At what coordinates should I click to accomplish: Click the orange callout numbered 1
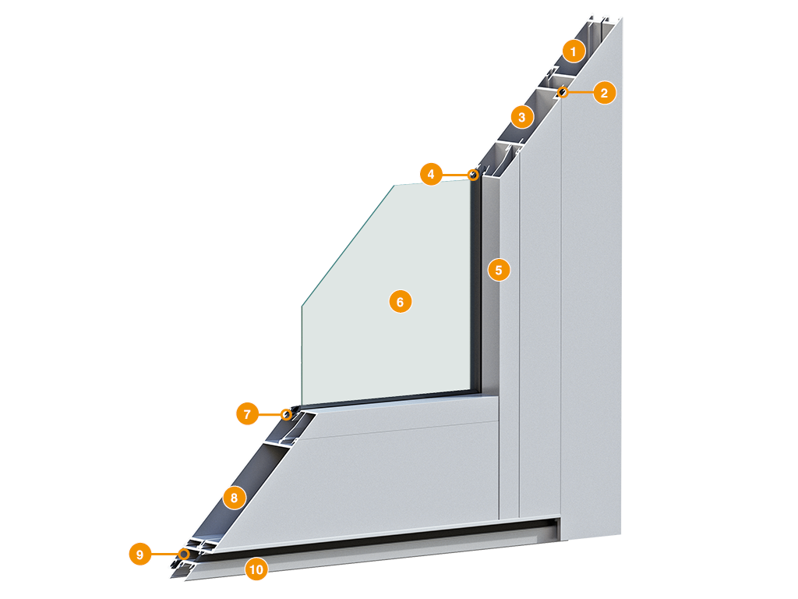pyautogui.click(x=574, y=51)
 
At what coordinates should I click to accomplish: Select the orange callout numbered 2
pyautogui.click(x=604, y=93)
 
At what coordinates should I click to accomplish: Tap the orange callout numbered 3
pyautogui.click(x=521, y=117)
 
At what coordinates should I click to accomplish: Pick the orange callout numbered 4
pyautogui.click(x=431, y=174)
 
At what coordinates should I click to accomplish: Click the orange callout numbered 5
pyautogui.click(x=499, y=270)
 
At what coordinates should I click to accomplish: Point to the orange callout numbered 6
pyautogui.click(x=400, y=302)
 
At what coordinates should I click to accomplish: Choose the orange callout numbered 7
pyautogui.click(x=247, y=413)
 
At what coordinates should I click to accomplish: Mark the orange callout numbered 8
pyautogui.click(x=234, y=497)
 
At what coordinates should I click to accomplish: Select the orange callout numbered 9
pyautogui.click(x=140, y=554)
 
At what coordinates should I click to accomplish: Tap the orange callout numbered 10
pyautogui.click(x=256, y=569)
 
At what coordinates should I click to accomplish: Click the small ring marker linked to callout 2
pyautogui.click(x=563, y=92)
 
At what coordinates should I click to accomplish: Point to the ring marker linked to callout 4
pyautogui.click(x=473, y=175)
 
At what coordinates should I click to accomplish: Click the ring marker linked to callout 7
pyautogui.click(x=287, y=415)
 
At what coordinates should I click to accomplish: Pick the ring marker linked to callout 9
pyautogui.click(x=184, y=554)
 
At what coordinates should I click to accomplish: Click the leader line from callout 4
pyautogui.click(x=455, y=175)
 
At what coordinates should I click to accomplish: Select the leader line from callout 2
pyautogui.click(x=580, y=93)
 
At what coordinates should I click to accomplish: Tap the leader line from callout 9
pyautogui.click(x=165, y=554)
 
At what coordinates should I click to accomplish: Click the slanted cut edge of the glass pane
pyautogui.click(x=348, y=246)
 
